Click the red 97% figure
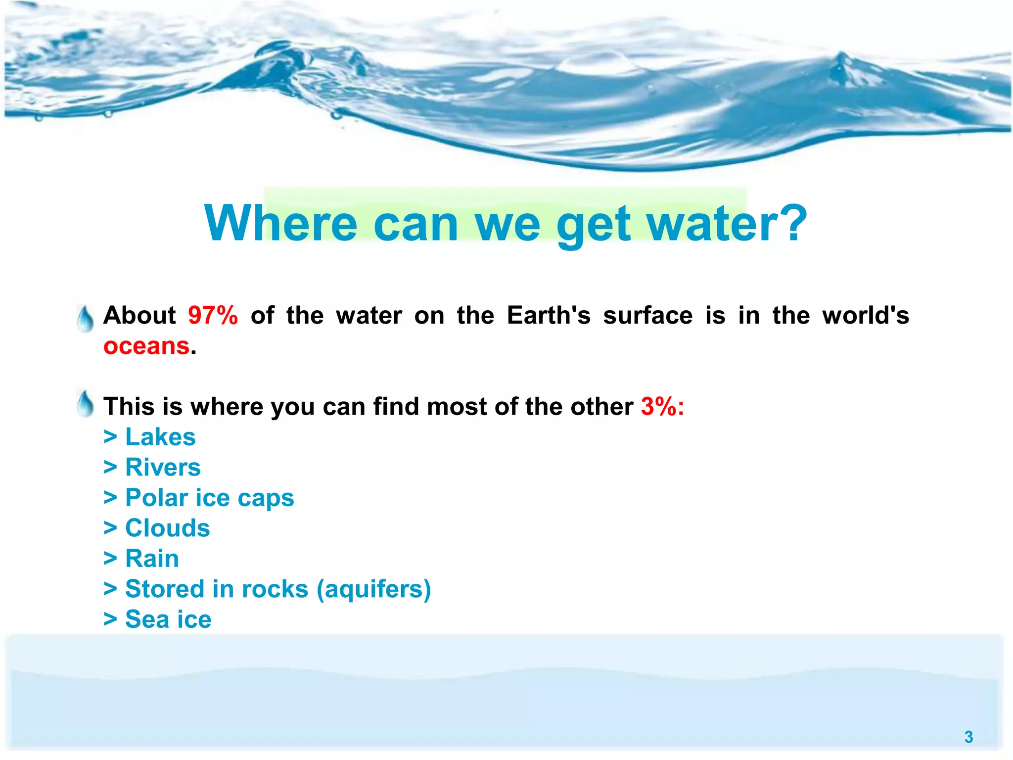[x=213, y=316]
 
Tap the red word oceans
[x=146, y=346]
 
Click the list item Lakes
[x=160, y=437]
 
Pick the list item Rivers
[x=163, y=468]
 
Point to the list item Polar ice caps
[x=209, y=498]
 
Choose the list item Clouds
[x=167, y=528]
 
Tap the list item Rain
[x=152, y=559]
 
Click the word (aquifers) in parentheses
[x=373, y=589]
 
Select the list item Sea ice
[x=168, y=619]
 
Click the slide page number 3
[x=968, y=737]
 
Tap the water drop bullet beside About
[x=86, y=319]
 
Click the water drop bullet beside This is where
[x=86, y=404]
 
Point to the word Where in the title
[x=280, y=224]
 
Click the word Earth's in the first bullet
[x=549, y=316]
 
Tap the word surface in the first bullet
[x=647, y=316]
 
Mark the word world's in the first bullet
[x=866, y=316]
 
